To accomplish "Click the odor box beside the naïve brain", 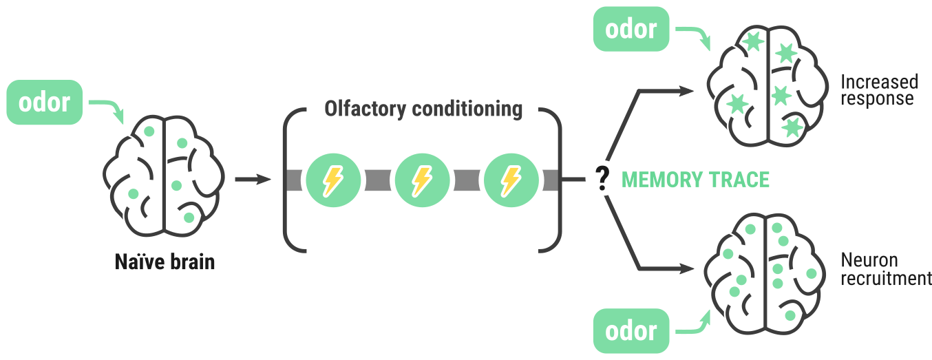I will pos(45,103).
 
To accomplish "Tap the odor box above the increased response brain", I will pos(631,30).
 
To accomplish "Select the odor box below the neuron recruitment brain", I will pos(631,330).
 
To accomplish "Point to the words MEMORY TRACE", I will pos(695,180).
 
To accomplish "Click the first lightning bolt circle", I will pos(333,180).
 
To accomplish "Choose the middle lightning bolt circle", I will pos(421,180).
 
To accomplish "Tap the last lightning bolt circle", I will pos(509,180).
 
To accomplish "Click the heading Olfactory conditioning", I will pos(423,109).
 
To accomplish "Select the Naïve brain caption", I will pos(165,262).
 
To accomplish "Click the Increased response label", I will pos(879,90).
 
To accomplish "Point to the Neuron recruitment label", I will pos(885,269).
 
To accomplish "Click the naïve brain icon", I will pos(164,176).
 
